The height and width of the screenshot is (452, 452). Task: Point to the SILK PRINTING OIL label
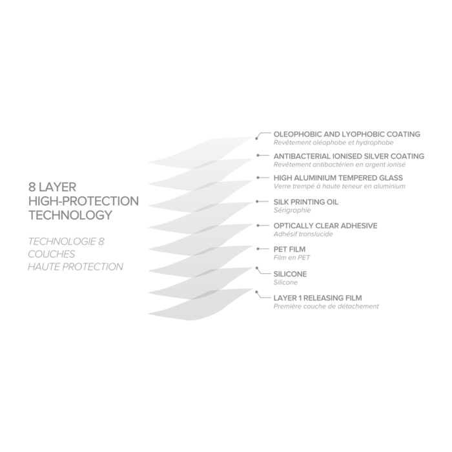[x=306, y=202]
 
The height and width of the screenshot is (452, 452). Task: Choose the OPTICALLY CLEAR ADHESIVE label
[x=326, y=226]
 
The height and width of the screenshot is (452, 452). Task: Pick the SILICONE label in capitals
[x=291, y=274]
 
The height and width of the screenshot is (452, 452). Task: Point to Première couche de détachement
[x=326, y=306]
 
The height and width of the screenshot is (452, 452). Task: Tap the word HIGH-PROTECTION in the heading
[x=84, y=201]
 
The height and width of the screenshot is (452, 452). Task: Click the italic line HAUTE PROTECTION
[x=76, y=266]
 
